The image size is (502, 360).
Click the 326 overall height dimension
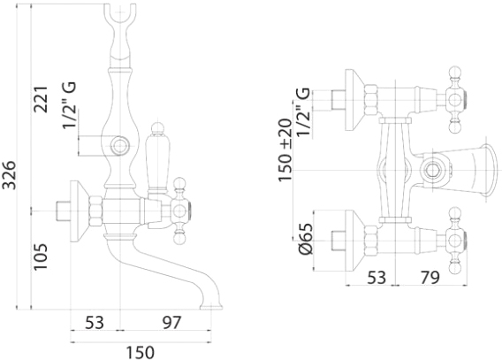pos(9,175)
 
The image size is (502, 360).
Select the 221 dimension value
pos(41,99)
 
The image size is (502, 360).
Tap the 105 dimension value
pos(41,257)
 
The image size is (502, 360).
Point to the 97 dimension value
pos(171,322)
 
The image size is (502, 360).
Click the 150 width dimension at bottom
pos(140,352)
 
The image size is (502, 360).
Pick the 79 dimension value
pos(430,278)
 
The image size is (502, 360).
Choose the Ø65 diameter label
pos(306,239)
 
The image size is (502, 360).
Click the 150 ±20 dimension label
pos(285,150)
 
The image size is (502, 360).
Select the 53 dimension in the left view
pos(95,322)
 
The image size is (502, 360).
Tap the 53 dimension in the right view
pos(376,278)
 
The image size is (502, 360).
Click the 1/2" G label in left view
pos(70,105)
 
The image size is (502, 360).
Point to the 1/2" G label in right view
pos(304,112)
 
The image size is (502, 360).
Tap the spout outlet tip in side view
pos(211,307)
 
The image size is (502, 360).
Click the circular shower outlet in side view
pos(120,146)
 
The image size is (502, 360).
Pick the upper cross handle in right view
pos(455,100)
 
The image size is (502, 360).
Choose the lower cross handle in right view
pos(455,241)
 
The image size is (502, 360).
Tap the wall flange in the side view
pos(79,211)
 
